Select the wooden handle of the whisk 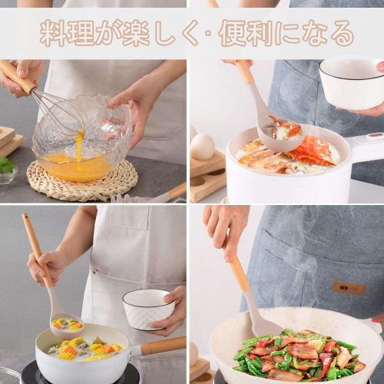pyautogui.click(x=17, y=77)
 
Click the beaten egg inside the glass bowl pyautogui.click(x=77, y=165)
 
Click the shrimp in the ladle pyautogui.click(x=283, y=128)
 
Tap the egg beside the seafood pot pyautogui.click(x=202, y=145)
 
